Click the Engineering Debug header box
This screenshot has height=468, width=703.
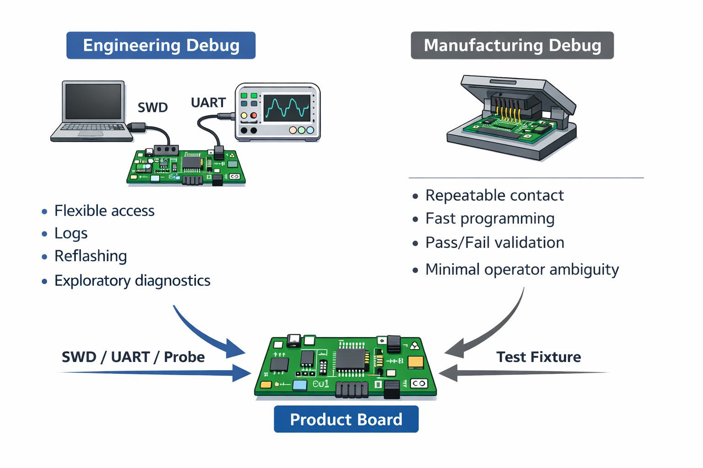(161, 45)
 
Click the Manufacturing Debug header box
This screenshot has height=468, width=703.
(512, 45)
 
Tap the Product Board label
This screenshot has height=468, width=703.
(346, 419)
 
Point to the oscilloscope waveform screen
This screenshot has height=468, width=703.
(287, 108)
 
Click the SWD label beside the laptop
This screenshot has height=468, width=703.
(153, 107)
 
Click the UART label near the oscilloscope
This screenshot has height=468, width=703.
(208, 102)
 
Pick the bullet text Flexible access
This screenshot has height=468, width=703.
(104, 211)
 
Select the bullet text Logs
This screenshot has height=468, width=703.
(71, 233)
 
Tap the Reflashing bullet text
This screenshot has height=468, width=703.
(91, 256)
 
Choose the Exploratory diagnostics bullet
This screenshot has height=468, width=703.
(132, 280)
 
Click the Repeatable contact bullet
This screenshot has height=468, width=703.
(494, 196)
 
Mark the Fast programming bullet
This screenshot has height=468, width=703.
(490, 218)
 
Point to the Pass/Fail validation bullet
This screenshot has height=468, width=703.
(495, 242)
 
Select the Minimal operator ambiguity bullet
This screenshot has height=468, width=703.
(522, 269)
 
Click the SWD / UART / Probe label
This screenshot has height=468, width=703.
(133, 356)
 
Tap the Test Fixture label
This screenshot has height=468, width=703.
(539, 356)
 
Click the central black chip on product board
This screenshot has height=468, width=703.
(351, 359)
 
